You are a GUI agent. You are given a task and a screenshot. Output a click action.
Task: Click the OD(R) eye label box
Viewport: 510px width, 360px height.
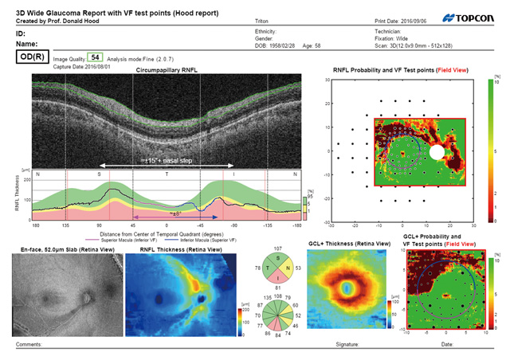click(27, 58)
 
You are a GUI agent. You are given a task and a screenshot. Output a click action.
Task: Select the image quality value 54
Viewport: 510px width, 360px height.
click(95, 58)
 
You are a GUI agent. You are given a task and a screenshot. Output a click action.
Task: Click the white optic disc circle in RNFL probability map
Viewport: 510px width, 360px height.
click(437, 151)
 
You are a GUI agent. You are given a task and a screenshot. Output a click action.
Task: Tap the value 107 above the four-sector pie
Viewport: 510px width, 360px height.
click(278, 248)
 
